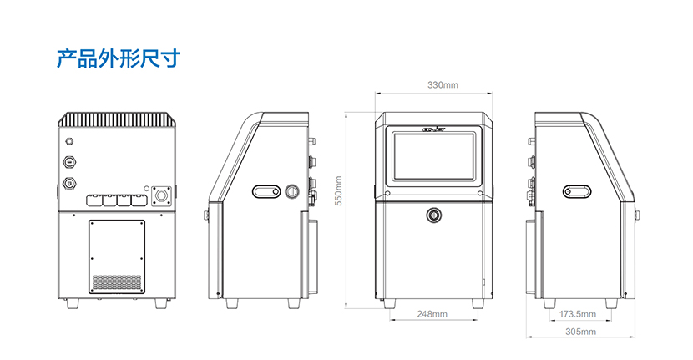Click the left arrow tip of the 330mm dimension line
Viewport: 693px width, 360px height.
point(375,93)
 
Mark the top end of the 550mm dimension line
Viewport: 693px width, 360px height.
point(346,112)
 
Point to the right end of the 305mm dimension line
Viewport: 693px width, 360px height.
point(635,337)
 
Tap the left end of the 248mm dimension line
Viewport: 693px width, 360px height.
point(390,320)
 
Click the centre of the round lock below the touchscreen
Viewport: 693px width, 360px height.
point(433,215)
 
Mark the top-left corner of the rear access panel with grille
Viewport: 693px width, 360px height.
point(89,221)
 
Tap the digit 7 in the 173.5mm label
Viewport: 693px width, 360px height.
point(569,314)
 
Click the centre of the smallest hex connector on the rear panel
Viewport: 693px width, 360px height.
point(69,141)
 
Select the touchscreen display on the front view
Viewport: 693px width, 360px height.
point(433,156)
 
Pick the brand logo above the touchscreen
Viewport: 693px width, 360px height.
point(434,130)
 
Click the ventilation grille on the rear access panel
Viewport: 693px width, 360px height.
point(117,282)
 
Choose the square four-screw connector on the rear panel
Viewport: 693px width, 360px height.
point(161,196)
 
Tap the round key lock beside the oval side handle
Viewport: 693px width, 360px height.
point(292,191)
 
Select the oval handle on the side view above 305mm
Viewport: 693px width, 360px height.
point(577,191)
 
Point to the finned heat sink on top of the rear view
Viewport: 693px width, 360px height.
point(117,119)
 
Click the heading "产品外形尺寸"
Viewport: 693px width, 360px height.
point(119,58)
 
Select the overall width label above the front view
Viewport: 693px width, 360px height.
point(443,85)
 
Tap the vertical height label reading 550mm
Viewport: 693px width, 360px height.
point(338,190)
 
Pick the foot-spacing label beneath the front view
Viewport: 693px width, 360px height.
point(432,314)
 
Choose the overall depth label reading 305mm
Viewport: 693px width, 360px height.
point(581,332)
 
